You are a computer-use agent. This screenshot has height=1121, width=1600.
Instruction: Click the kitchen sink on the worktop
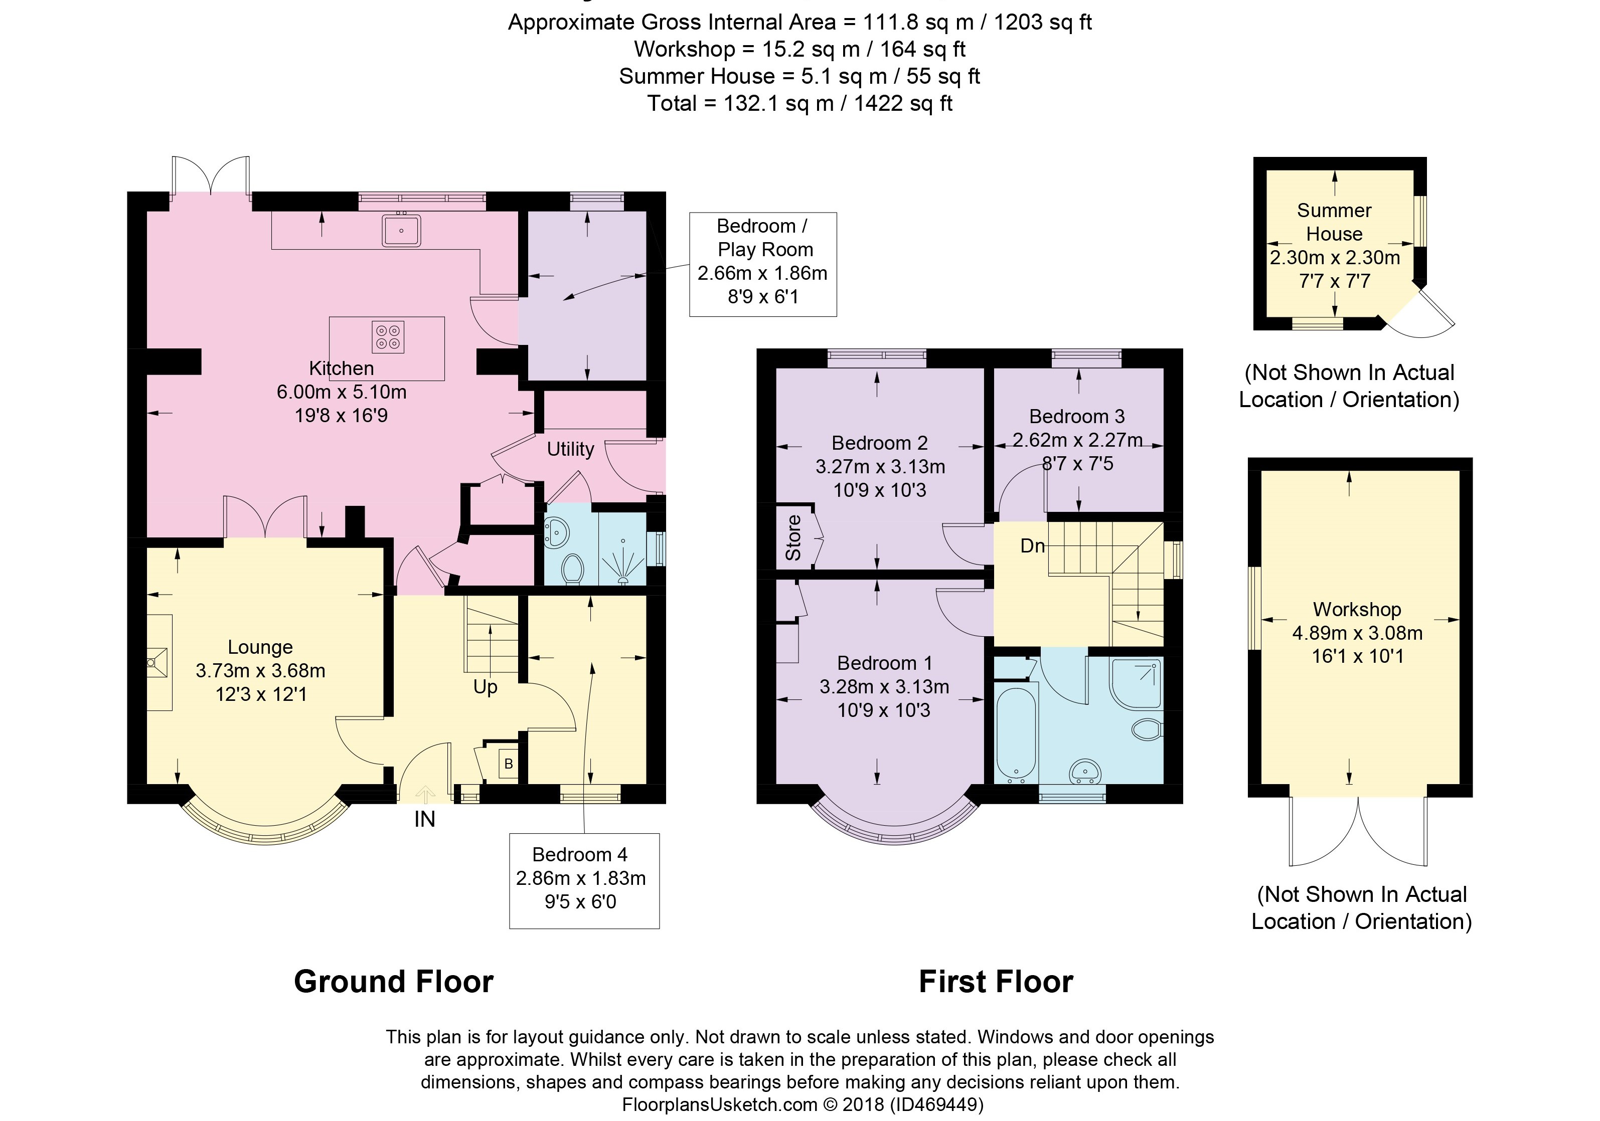tap(401, 230)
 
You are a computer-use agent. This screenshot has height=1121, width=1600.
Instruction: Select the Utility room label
tap(570, 449)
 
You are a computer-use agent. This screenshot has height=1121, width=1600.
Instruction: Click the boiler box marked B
tap(509, 764)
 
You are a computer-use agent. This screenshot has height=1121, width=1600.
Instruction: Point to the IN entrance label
tap(424, 819)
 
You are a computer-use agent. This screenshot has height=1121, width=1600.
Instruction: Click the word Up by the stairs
tap(485, 687)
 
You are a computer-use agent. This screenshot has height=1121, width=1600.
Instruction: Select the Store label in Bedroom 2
tap(793, 538)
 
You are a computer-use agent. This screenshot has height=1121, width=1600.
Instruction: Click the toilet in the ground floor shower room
tap(573, 568)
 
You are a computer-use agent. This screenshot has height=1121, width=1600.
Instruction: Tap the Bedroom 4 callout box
tap(584, 881)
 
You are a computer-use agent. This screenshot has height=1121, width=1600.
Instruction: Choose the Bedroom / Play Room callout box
tap(763, 264)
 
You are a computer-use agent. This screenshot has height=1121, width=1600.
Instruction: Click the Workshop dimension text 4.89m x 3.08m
tap(1357, 633)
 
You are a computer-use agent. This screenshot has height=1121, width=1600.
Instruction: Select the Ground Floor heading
tap(394, 981)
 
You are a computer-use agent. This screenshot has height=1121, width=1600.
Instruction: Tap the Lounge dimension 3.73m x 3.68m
tap(261, 670)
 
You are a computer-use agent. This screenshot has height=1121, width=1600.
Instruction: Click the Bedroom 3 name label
tap(1077, 417)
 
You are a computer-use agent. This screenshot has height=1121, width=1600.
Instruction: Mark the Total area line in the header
tap(799, 103)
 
